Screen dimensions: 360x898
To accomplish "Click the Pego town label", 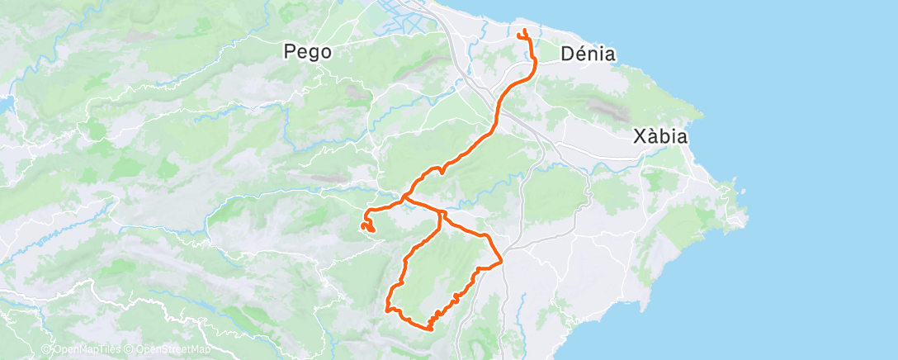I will point(307,52).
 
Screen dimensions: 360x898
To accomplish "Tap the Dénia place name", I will point(588,54).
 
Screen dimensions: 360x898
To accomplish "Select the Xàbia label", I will point(661,137).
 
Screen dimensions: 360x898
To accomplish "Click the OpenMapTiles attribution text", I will point(86,350).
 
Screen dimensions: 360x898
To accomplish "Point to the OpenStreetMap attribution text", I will point(170,350).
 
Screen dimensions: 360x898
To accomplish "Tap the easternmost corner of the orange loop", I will point(501,263).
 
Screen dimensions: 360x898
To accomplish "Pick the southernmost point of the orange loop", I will point(430,329).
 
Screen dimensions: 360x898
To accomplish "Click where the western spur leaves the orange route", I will point(404,199).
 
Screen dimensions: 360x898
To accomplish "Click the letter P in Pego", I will point(290,52).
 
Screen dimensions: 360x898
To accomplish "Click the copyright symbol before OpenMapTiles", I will point(46,350).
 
